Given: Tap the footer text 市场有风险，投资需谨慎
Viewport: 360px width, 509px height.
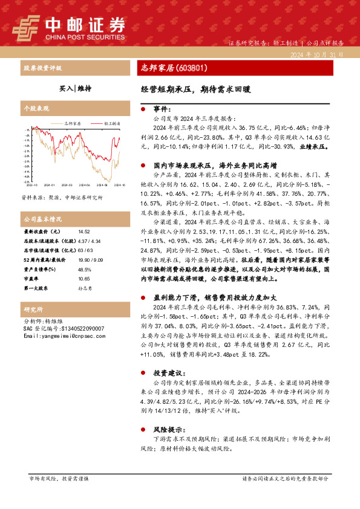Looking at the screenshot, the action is tap(59, 478).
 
